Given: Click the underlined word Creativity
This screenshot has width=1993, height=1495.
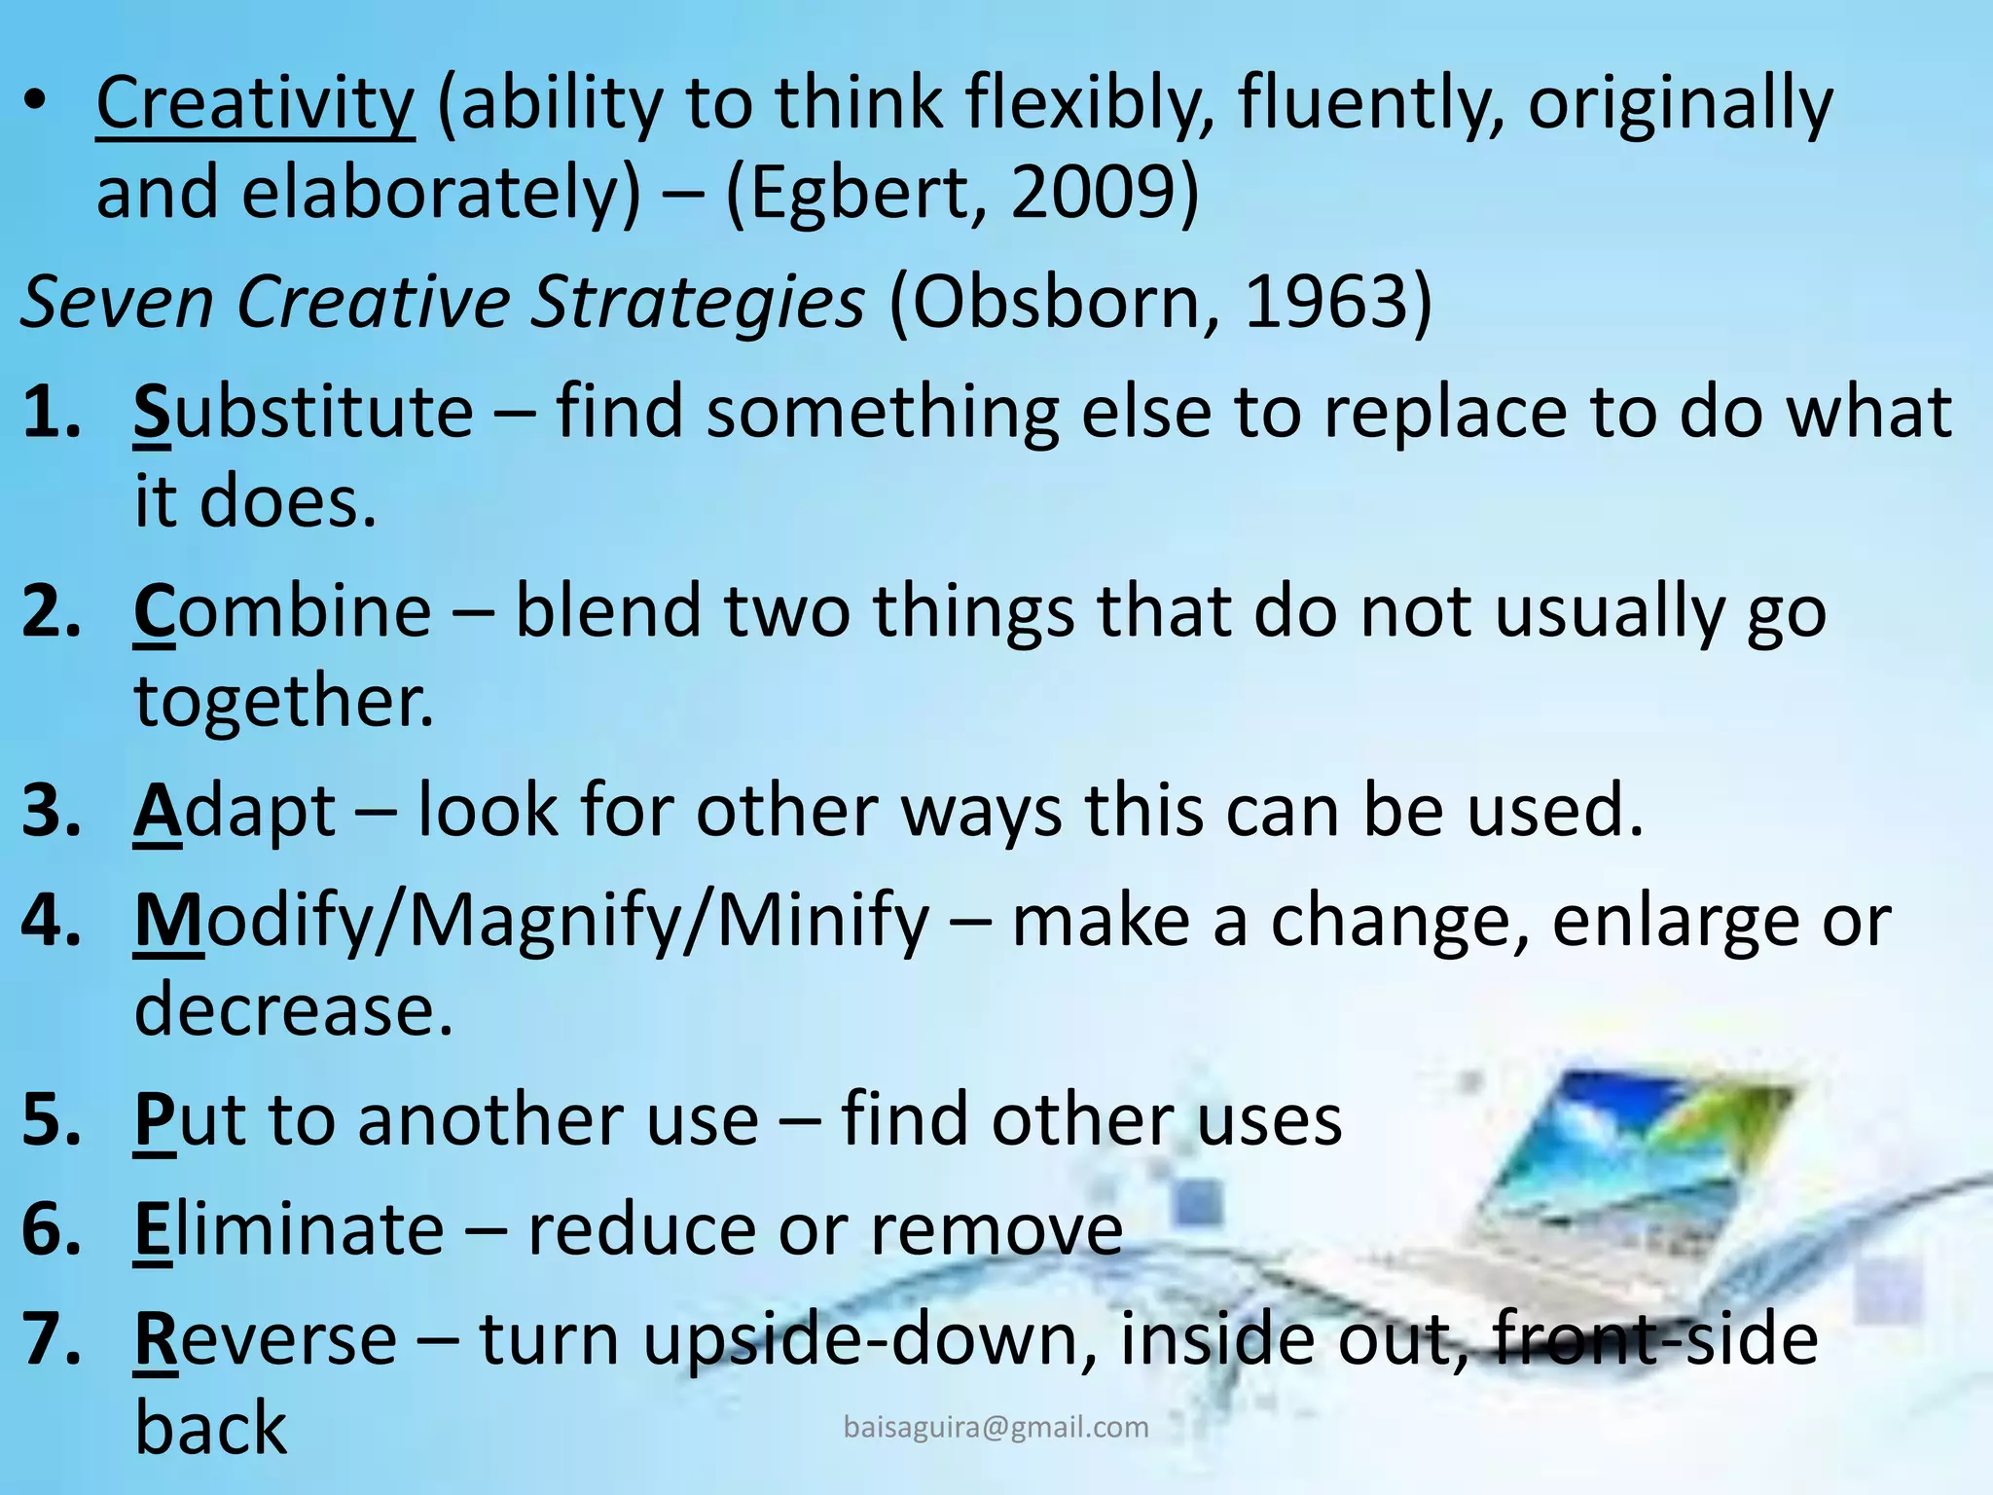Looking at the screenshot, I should [255, 104].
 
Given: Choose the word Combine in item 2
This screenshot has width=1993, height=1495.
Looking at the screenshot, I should [282, 612].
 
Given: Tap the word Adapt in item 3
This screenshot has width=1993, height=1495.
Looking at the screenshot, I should [235, 811].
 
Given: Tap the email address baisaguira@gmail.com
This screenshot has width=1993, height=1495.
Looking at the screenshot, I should [996, 1427].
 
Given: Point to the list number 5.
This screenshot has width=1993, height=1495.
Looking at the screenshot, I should [51, 1119].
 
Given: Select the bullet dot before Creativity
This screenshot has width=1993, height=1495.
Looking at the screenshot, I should [36, 102].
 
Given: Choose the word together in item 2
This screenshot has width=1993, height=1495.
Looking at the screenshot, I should [282, 702].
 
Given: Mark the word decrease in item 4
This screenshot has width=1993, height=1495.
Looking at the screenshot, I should [292, 1010].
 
